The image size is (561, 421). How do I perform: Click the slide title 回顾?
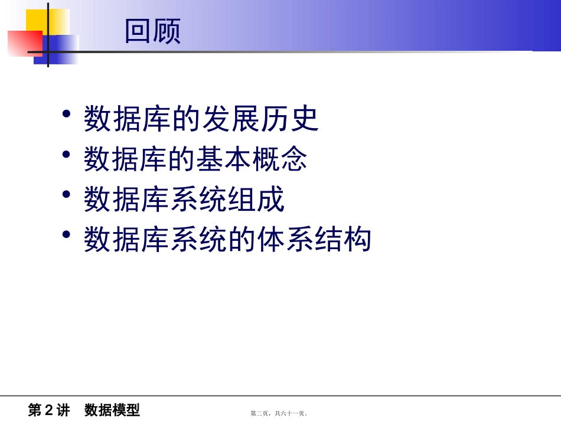coord(152,31)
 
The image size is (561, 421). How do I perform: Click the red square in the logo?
coord(24,43)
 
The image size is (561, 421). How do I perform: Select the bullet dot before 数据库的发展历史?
coord(67,114)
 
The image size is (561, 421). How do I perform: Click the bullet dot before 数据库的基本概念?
coord(67,154)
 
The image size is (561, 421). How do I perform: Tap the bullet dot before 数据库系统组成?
coord(67,194)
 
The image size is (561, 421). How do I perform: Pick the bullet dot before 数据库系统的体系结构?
coord(67,234)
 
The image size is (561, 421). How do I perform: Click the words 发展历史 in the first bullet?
coord(260,119)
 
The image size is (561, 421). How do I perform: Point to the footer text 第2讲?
coord(49,410)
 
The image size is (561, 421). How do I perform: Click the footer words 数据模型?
coord(112,410)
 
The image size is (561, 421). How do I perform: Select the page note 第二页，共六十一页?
coord(279,413)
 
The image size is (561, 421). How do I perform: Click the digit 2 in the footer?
coord(49,410)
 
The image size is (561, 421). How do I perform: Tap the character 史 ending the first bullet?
coord(305,119)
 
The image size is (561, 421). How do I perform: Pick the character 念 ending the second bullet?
coord(293,159)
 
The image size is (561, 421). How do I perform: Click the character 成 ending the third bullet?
coord(270,200)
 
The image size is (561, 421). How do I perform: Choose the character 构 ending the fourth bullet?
coord(357,240)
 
